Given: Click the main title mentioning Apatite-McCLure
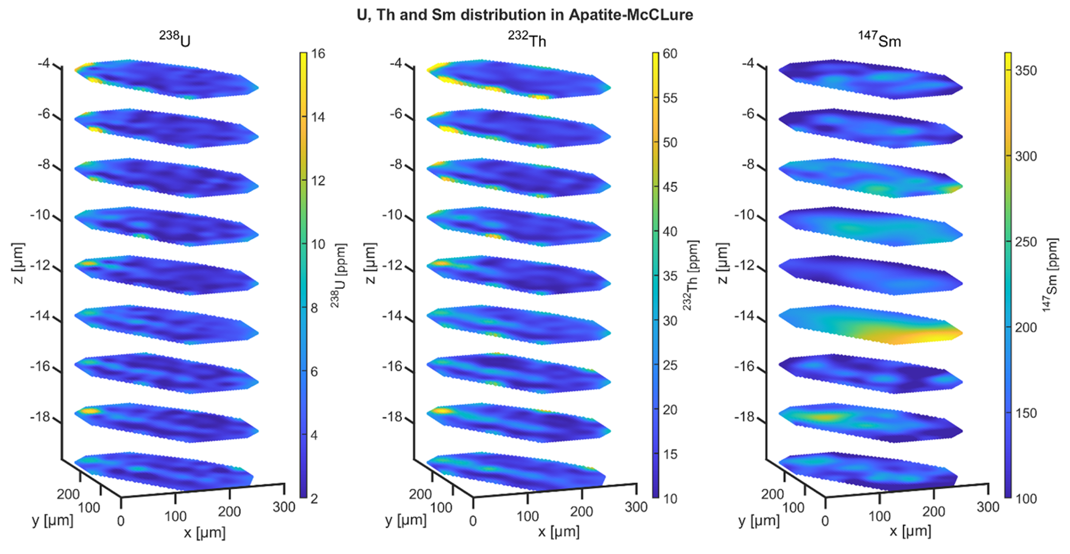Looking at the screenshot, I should [x=524, y=14].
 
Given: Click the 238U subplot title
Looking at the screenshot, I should [x=175, y=39].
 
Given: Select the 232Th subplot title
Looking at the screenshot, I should [x=527, y=39].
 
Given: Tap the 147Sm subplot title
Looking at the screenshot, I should [x=880, y=39].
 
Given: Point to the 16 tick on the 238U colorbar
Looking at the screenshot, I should [x=318, y=54].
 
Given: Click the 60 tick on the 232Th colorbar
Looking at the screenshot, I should [x=670, y=54].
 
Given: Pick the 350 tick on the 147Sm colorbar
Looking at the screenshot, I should [x=1025, y=71].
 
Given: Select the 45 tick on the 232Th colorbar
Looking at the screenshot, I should [x=670, y=187].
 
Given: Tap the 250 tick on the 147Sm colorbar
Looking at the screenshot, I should [x=1025, y=242].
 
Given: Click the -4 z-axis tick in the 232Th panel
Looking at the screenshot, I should [x=396, y=63].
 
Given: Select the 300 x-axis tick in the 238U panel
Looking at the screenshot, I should [x=284, y=507].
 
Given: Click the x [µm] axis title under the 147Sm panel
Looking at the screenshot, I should [x=911, y=531].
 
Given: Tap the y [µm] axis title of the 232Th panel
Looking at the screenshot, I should [x=405, y=520].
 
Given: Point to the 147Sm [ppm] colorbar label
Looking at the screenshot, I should [x=1051, y=274].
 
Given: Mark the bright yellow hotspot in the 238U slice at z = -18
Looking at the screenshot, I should [x=91, y=411].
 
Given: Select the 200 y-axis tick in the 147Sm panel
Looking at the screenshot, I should [x=772, y=494].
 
